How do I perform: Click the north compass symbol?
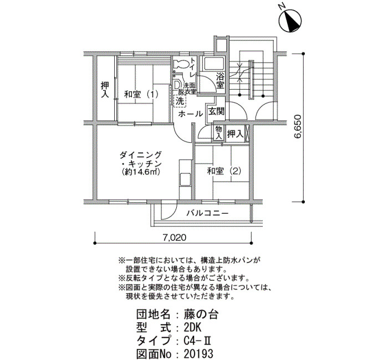[x=290, y=19]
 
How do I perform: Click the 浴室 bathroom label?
[x=220, y=81]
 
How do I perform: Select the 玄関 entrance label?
[x=216, y=111]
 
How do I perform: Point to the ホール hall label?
[x=190, y=114]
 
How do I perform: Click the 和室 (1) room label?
[x=141, y=94]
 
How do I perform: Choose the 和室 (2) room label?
[x=224, y=171]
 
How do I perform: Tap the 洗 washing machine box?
[x=180, y=101]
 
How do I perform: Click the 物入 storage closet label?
[x=218, y=132]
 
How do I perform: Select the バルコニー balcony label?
[x=207, y=213]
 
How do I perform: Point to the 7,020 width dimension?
[x=174, y=238]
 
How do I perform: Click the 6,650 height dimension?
[x=297, y=126]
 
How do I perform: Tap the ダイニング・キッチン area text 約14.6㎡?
[x=141, y=172]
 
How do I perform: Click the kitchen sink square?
[x=185, y=179]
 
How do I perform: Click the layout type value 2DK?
[x=192, y=328]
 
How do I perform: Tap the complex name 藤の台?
[x=201, y=315]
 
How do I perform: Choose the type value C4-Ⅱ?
[x=197, y=341]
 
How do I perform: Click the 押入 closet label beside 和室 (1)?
[x=105, y=90]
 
